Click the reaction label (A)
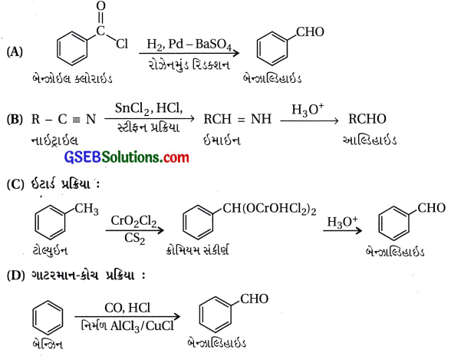click(14, 51)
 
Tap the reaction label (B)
click(14, 119)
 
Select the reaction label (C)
click(14, 184)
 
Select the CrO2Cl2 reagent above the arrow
click(131, 222)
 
